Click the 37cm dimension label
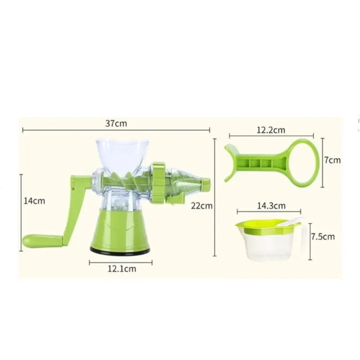pyautogui.click(x=116, y=123)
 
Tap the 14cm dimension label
pyautogui.click(x=35, y=201)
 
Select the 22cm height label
pyautogui.click(x=202, y=206)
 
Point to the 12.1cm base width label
pyautogui.click(x=122, y=269)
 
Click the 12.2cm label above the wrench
pyautogui.click(x=271, y=130)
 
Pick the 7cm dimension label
pyautogui.click(x=333, y=160)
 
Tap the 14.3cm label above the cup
pyautogui.click(x=271, y=206)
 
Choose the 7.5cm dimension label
pyautogui.click(x=323, y=237)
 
